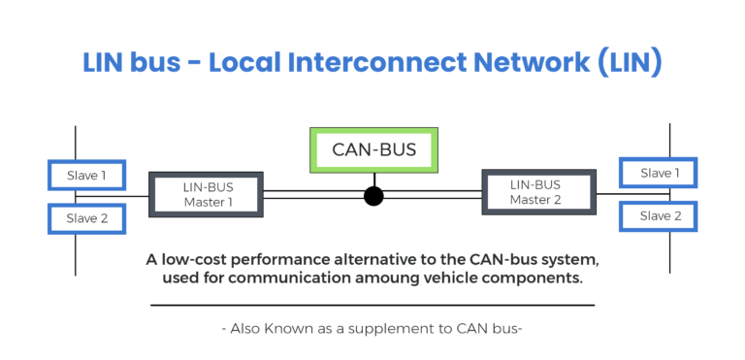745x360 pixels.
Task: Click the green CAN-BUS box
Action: coord(373,149)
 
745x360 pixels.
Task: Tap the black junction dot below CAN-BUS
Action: coord(373,196)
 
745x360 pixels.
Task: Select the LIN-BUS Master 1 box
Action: coord(207,194)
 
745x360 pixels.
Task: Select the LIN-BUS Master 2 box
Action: coord(537,191)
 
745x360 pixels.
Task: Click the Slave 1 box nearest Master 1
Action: coord(86,176)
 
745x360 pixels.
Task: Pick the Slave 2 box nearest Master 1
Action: coord(86,218)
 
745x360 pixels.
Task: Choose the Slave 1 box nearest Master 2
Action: coord(658,174)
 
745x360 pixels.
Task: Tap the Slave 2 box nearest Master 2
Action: coord(658,215)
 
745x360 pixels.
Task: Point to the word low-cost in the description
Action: coord(192,260)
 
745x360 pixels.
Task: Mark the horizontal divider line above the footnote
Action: coord(372,305)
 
